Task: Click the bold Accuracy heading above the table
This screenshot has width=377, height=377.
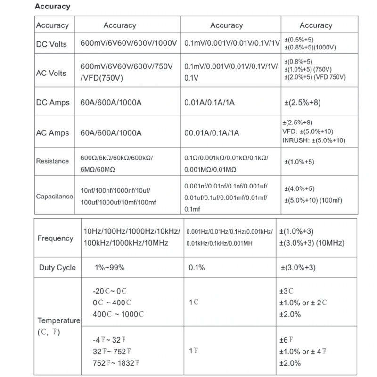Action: pos(52,7)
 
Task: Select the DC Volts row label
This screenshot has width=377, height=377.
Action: pos(51,44)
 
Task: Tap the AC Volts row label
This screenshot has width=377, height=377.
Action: pos(51,73)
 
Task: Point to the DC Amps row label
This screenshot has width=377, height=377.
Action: pos(52,103)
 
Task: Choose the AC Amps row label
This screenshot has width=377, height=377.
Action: pos(52,133)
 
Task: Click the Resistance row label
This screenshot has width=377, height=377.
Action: pos(52,161)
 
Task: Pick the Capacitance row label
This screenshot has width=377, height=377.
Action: pos(54,196)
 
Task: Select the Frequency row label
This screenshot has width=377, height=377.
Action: pos(55,238)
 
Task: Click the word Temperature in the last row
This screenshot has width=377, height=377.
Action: pos(59,320)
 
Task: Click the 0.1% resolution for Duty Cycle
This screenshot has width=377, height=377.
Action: pos(197,268)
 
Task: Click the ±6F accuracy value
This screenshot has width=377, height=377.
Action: pos(287,339)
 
